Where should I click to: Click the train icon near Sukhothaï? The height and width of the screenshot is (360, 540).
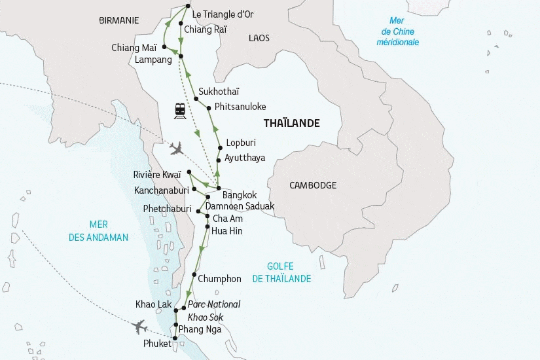pos(179,110)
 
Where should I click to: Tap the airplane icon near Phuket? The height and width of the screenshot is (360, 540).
pos(139,326)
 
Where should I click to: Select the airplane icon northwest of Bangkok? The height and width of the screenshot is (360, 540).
pos(176,149)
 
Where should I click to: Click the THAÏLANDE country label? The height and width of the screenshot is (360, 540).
pos(291,123)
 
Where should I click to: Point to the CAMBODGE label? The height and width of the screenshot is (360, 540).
pos(313,185)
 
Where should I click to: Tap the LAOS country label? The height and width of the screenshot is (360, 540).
pos(259,39)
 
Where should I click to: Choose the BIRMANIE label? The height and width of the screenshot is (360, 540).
pos(118,20)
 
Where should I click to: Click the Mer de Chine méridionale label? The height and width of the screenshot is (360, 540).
pos(397,32)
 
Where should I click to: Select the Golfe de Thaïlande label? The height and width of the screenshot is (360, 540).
pos(281,272)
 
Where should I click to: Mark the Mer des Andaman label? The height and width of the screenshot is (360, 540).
pos(98,231)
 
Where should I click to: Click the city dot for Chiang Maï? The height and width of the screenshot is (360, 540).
pos(165,46)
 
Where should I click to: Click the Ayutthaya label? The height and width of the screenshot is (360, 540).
pos(244,158)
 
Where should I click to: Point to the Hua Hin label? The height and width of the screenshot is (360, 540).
pos(227,230)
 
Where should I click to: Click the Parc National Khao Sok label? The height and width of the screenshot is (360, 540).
pos(213,311)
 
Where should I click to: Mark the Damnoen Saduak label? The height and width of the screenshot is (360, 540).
pos(240,206)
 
